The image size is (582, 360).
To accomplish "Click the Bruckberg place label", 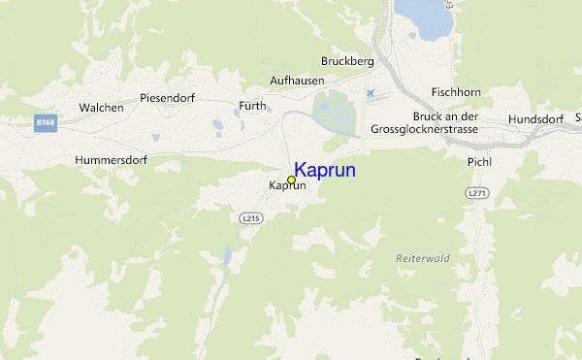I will [x=347, y=61].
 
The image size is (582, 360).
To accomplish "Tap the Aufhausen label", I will [x=296, y=82].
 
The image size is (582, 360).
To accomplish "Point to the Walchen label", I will [x=101, y=108].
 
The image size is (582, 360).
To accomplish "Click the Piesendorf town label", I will [x=169, y=98].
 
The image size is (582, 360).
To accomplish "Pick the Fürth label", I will [x=252, y=106].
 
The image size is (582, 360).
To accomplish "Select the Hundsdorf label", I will [x=536, y=119].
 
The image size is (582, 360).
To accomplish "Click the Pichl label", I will [x=480, y=161].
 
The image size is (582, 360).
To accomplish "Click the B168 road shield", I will [x=44, y=123].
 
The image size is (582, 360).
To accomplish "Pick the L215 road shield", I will [x=250, y=219].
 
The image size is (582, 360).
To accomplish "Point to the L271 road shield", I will [x=476, y=194].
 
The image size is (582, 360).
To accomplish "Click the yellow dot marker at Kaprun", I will [x=291, y=180].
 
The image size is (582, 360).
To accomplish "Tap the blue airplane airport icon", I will [x=370, y=93].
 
